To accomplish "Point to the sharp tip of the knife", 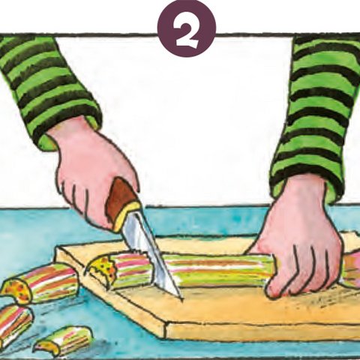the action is (x=181, y=298).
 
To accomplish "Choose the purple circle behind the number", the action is (x=187, y=28).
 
